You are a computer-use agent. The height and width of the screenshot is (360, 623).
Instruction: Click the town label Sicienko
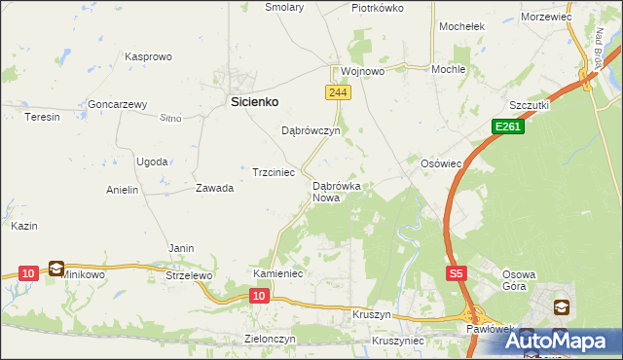(x=254, y=100)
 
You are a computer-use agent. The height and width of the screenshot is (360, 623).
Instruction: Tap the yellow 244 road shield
(x=335, y=91)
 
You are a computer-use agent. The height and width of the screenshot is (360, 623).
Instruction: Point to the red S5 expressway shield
(x=457, y=274)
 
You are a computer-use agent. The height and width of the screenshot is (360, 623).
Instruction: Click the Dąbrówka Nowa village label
(x=337, y=191)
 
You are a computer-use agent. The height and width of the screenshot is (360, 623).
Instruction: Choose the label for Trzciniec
(x=274, y=171)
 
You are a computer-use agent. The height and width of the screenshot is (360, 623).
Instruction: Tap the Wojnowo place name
(x=363, y=71)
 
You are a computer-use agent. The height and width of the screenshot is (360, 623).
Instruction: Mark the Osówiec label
(x=440, y=163)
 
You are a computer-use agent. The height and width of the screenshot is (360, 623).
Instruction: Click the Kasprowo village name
(x=148, y=57)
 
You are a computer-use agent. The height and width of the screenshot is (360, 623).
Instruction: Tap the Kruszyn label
(x=371, y=316)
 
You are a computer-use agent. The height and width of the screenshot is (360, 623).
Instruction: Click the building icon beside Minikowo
(x=56, y=269)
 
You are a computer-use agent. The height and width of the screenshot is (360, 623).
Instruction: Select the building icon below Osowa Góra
(x=561, y=307)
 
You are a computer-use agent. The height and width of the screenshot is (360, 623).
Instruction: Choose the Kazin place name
(x=24, y=226)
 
